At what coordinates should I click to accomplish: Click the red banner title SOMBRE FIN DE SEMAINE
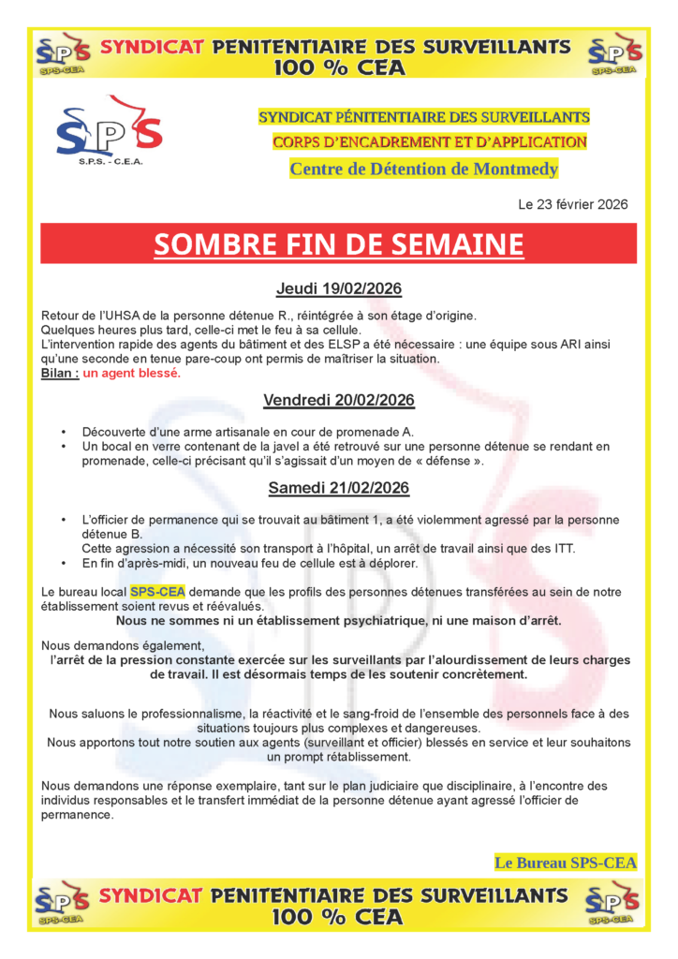(x=338, y=244)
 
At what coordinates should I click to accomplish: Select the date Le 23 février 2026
(x=572, y=204)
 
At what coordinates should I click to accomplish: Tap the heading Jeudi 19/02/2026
(x=338, y=288)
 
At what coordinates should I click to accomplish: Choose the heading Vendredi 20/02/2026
(x=338, y=401)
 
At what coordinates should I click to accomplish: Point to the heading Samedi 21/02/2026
(x=338, y=488)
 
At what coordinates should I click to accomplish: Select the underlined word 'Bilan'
(x=59, y=373)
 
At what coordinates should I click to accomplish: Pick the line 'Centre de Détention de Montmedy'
(x=423, y=170)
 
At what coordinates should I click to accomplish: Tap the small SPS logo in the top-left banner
(x=63, y=54)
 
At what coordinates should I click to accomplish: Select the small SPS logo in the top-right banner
(x=613, y=54)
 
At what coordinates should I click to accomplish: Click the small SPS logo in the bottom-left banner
(x=63, y=904)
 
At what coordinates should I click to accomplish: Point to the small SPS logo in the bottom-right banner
(x=613, y=904)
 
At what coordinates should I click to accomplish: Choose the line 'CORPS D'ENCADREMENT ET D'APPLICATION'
(x=430, y=142)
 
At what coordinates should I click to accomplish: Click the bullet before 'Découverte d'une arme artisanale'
(x=63, y=432)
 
